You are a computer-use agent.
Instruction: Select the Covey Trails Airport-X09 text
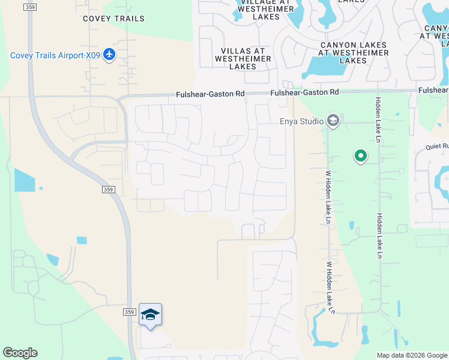pos(54,56)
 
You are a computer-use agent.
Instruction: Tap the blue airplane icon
pos(109,55)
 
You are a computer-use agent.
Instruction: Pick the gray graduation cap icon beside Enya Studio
pos(333,122)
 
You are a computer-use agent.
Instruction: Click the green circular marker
pos(361,156)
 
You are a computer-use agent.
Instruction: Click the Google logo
pos(20,353)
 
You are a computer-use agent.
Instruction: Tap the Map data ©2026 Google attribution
pos(412,355)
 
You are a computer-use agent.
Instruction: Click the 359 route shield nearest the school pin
pos(129,311)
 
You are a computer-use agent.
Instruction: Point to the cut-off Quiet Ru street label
pos(437,146)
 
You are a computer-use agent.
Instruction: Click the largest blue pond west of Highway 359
pos(25,180)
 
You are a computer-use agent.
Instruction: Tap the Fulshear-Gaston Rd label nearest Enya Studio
pos(304,92)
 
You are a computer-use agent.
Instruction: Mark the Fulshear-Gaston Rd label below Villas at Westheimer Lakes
pos(211,94)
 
